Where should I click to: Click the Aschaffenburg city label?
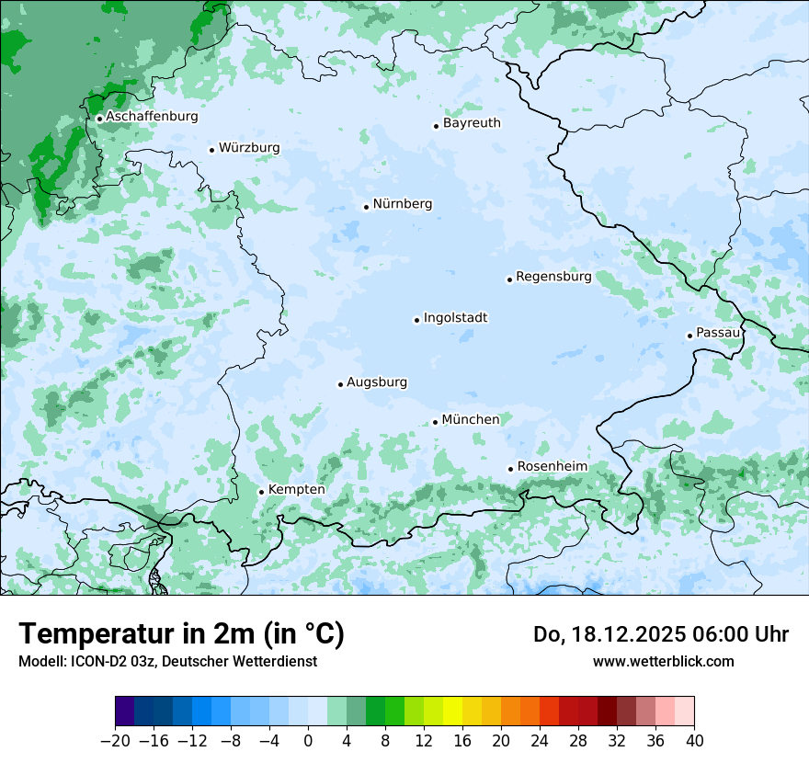click(x=152, y=117)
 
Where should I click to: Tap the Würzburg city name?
click(x=249, y=148)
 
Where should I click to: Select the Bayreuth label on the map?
click(x=472, y=123)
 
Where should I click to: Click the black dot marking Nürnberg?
click(x=366, y=207)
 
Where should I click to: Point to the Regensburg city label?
click(x=553, y=277)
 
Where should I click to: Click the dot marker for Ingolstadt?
click(x=416, y=320)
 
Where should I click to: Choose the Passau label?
click(x=718, y=333)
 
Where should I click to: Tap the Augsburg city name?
click(x=377, y=382)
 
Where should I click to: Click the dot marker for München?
click(x=435, y=422)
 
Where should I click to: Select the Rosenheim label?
click(x=552, y=467)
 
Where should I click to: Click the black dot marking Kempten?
click(x=261, y=492)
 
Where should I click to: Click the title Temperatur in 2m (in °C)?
click(x=181, y=634)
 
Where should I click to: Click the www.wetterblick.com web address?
click(x=663, y=661)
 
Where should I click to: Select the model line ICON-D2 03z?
click(x=167, y=661)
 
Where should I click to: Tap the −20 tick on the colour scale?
click(x=115, y=741)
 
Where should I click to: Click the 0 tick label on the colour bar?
click(x=308, y=741)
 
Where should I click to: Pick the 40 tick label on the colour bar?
click(x=694, y=741)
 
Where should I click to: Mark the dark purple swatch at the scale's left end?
click(x=124, y=712)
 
